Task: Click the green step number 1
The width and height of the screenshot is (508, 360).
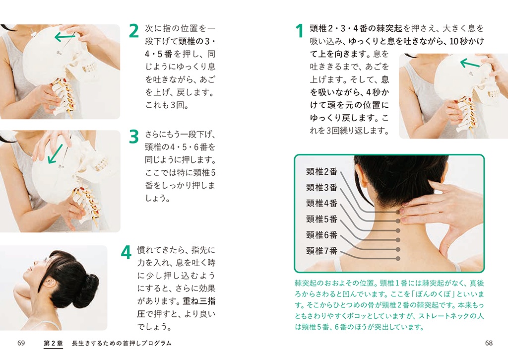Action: (300, 31)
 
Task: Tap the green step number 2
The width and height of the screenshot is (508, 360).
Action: (134, 31)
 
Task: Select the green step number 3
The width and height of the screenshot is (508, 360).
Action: (134, 137)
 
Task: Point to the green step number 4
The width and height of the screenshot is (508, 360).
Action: (126, 253)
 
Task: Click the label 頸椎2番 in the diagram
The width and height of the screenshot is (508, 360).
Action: (321, 172)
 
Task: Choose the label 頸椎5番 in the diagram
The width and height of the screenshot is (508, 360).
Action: (321, 219)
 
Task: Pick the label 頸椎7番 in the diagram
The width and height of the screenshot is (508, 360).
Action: (321, 251)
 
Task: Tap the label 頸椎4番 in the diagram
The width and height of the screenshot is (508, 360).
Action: (321, 204)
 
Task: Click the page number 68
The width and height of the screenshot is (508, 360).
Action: (489, 343)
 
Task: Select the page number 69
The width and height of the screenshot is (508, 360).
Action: (21, 343)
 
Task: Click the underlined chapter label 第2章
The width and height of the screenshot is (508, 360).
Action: (53, 343)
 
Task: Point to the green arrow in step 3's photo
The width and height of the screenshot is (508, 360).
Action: (55, 154)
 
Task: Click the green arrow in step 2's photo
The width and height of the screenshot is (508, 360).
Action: (65, 37)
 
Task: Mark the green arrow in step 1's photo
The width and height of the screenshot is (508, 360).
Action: (470, 63)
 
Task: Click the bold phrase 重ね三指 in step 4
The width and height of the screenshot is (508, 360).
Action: (199, 301)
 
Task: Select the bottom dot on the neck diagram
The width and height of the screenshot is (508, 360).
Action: (398, 259)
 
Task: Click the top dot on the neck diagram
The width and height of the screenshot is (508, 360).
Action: (398, 212)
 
